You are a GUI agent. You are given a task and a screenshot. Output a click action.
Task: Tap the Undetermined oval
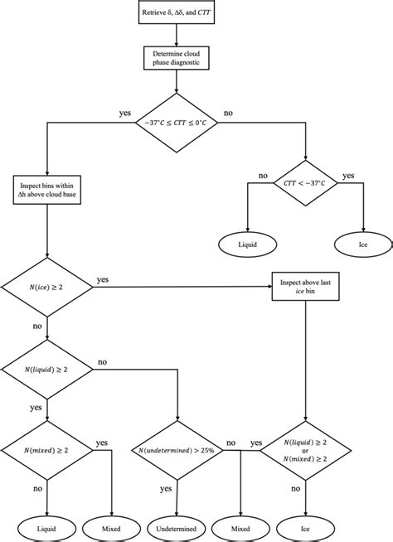pos(177,525)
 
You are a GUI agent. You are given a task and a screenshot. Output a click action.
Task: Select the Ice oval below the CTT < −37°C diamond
pos(362,246)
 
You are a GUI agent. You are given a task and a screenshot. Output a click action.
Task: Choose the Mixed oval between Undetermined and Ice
pos(241,525)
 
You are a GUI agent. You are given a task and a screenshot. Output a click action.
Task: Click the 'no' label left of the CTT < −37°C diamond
pos(263,177)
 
